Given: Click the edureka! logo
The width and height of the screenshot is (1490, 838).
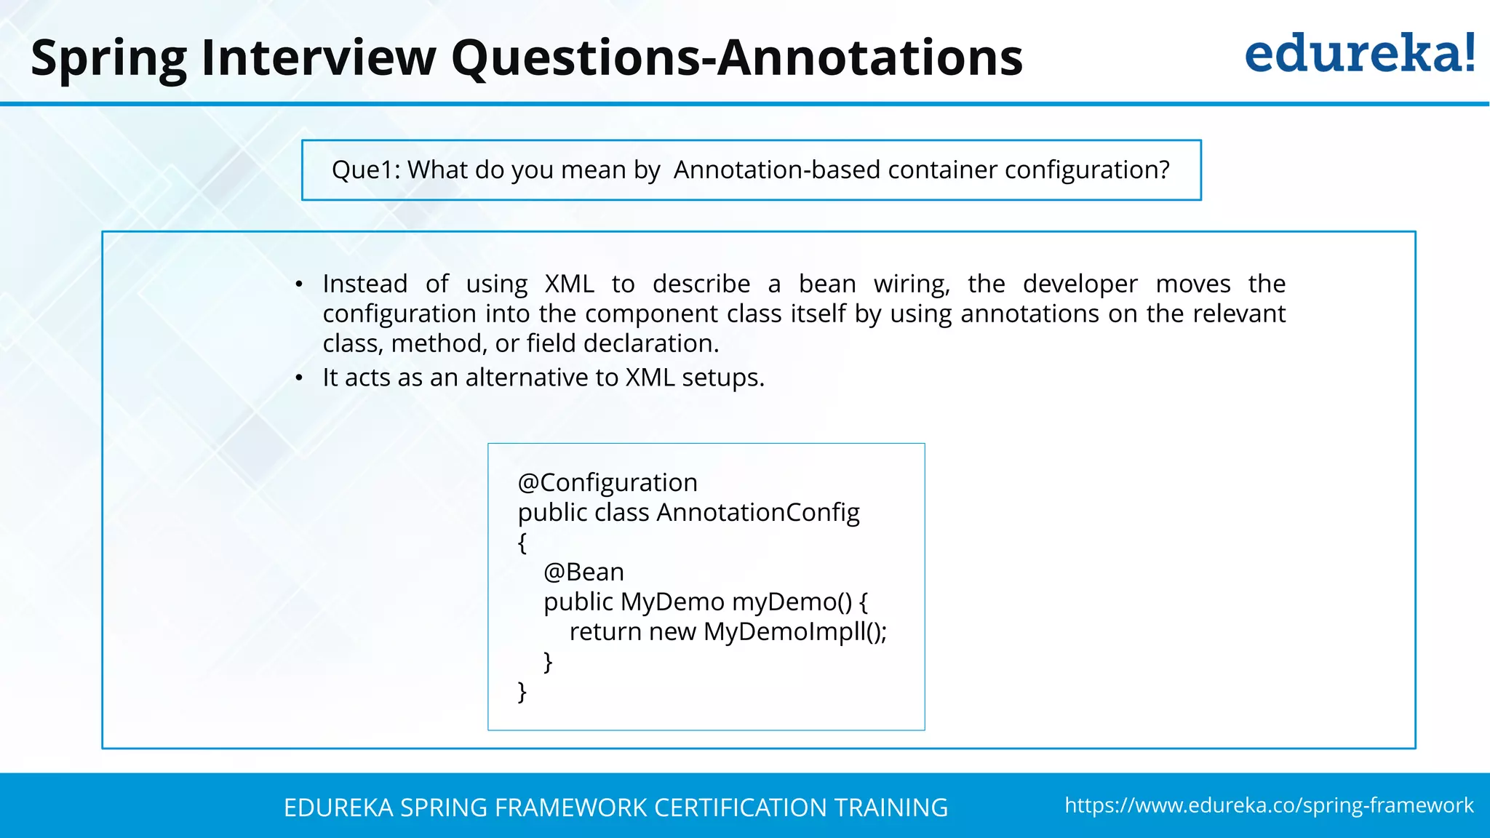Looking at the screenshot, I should tap(1359, 55).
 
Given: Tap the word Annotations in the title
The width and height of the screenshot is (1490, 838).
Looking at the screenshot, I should tap(870, 57).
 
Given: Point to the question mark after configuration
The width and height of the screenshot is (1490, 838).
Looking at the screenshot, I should tap(1163, 169).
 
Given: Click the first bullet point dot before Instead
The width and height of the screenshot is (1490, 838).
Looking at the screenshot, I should tap(299, 285).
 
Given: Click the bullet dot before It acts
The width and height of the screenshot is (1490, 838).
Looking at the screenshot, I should tap(299, 378).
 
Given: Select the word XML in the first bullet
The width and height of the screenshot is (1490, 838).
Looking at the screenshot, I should tap(570, 284).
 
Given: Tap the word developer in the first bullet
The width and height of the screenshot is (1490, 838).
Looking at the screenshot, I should tap(1080, 284).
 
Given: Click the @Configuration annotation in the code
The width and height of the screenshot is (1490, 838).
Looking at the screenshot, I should tap(607, 483).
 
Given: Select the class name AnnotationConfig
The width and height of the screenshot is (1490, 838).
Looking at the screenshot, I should tap(757, 513).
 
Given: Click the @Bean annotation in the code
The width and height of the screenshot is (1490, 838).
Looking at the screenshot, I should tap(583, 572).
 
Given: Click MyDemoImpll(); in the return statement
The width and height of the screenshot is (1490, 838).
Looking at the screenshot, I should tap(794, 632).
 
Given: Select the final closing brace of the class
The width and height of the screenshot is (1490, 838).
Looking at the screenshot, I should tap(522, 692).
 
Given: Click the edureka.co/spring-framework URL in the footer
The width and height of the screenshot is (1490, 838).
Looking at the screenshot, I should tap(1269, 805).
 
